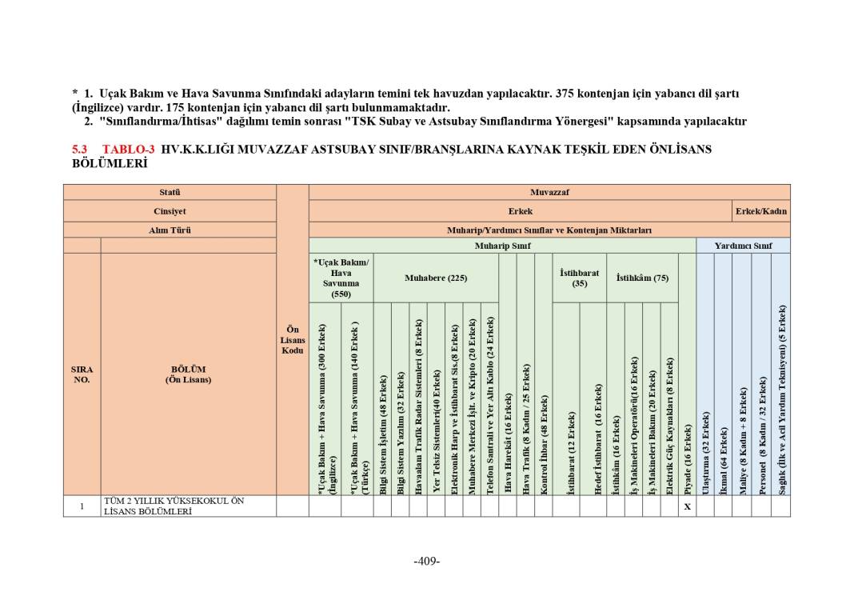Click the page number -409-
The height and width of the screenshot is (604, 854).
click(427, 561)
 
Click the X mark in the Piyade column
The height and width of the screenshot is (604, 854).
click(687, 506)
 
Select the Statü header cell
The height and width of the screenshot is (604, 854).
click(170, 192)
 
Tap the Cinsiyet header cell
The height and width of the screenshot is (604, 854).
click(170, 211)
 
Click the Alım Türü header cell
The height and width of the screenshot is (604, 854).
click(170, 230)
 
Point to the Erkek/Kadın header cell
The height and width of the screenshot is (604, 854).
click(760, 211)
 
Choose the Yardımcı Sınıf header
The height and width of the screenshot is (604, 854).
click(743, 246)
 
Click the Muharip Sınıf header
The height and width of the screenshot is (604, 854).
click(502, 246)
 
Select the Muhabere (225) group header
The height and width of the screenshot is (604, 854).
click(435, 278)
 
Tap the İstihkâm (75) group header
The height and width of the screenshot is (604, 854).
click(642, 278)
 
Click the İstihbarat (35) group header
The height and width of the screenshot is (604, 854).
click(579, 278)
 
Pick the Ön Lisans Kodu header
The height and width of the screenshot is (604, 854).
click(293, 339)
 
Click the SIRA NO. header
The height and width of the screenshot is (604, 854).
click(82, 374)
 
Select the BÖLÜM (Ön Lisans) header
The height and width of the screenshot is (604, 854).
click(189, 374)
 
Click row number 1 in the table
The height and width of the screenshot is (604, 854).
click(82, 506)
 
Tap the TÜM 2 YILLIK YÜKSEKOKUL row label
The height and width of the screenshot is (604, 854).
click(174, 506)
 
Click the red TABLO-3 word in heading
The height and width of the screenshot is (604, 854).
click(128, 149)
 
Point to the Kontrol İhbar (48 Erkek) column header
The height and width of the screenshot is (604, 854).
click(544, 444)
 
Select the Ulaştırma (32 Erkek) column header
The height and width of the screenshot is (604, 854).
click(705, 453)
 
